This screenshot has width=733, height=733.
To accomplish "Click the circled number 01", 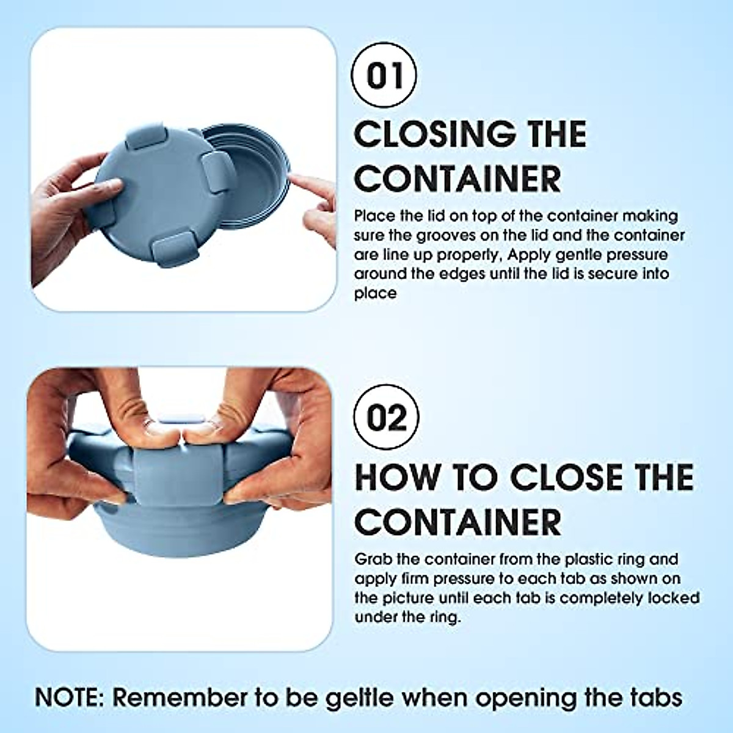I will point(385,75).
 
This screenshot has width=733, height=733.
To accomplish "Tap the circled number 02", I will point(386,418).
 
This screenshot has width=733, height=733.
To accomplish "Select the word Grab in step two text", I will point(373,559).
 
